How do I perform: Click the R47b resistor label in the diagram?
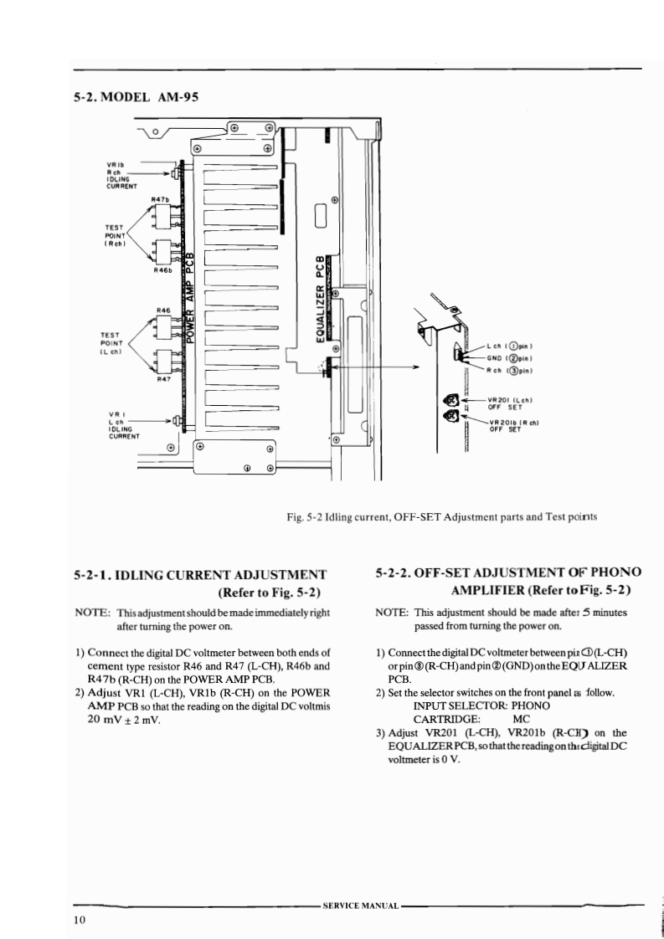162,198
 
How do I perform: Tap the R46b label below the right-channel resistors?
164,269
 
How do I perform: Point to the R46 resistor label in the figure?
164,310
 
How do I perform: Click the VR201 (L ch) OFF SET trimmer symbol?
451,400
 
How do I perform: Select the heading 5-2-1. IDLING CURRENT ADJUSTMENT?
199,575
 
